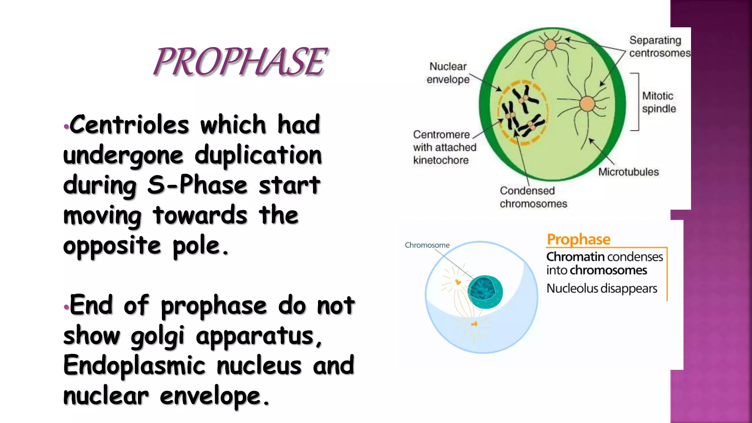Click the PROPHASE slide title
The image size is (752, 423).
[239, 62]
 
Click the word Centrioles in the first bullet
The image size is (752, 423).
[129, 125]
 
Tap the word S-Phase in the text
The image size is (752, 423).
[198, 185]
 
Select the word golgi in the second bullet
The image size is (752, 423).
[158, 336]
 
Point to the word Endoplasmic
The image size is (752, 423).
[134, 366]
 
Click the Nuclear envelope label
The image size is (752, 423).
[448, 73]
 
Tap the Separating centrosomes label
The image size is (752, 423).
[659, 46]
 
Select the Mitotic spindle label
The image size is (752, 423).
[659, 102]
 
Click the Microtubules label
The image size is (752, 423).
[628, 172]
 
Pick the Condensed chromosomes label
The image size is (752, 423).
[533, 197]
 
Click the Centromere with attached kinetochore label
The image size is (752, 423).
[444, 147]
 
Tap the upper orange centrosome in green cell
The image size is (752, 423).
[550, 45]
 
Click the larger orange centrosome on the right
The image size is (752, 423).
[587, 104]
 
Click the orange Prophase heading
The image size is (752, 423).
[578, 239]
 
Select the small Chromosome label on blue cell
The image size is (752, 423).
[427, 245]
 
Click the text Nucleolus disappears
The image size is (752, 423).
[602, 289]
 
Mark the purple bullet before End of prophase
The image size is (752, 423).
[66, 307]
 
